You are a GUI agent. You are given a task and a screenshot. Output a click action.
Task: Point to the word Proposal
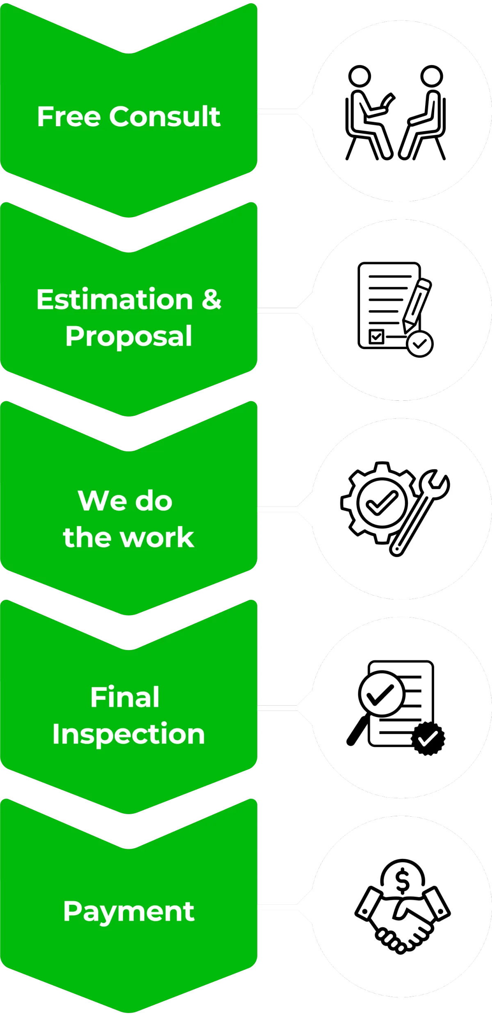click(129, 337)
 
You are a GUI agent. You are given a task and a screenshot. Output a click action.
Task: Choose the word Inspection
click(128, 734)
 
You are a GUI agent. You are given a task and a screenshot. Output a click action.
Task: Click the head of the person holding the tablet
click(360, 76)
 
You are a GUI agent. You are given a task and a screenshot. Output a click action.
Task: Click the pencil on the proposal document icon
click(417, 304)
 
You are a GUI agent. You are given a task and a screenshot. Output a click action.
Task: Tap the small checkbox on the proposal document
click(376, 336)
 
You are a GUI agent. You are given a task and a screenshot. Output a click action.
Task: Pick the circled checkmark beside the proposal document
click(420, 344)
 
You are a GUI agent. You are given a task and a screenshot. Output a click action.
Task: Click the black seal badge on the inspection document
click(428, 738)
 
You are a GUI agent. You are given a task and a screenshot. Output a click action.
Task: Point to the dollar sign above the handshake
click(403, 881)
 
